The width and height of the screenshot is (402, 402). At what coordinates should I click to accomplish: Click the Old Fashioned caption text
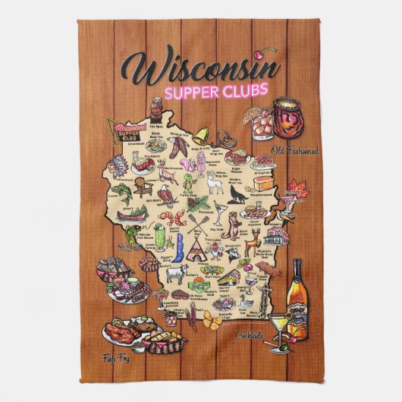point(296,150)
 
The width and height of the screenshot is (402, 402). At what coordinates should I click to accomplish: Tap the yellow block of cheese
point(263,181)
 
